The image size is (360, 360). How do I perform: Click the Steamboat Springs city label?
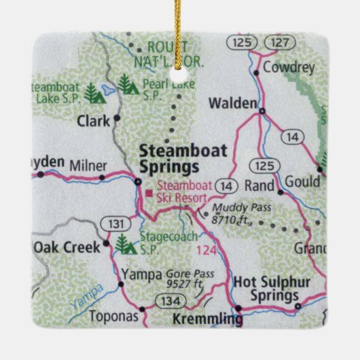tap(169, 158)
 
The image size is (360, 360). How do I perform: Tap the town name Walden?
tap(233, 103)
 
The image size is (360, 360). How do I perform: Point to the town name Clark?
tap(93, 122)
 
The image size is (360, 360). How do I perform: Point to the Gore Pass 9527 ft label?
tap(186, 278)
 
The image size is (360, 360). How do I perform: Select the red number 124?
tap(206, 251)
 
